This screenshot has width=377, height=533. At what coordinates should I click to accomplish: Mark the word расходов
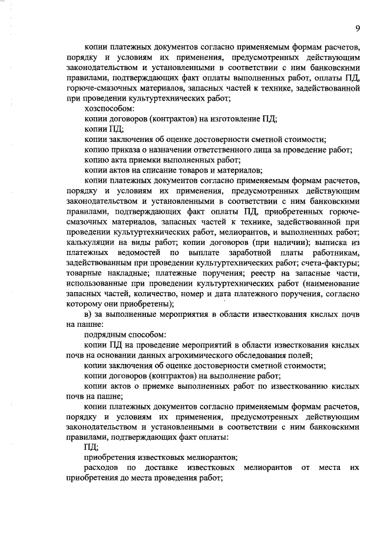(x=102, y=468)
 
